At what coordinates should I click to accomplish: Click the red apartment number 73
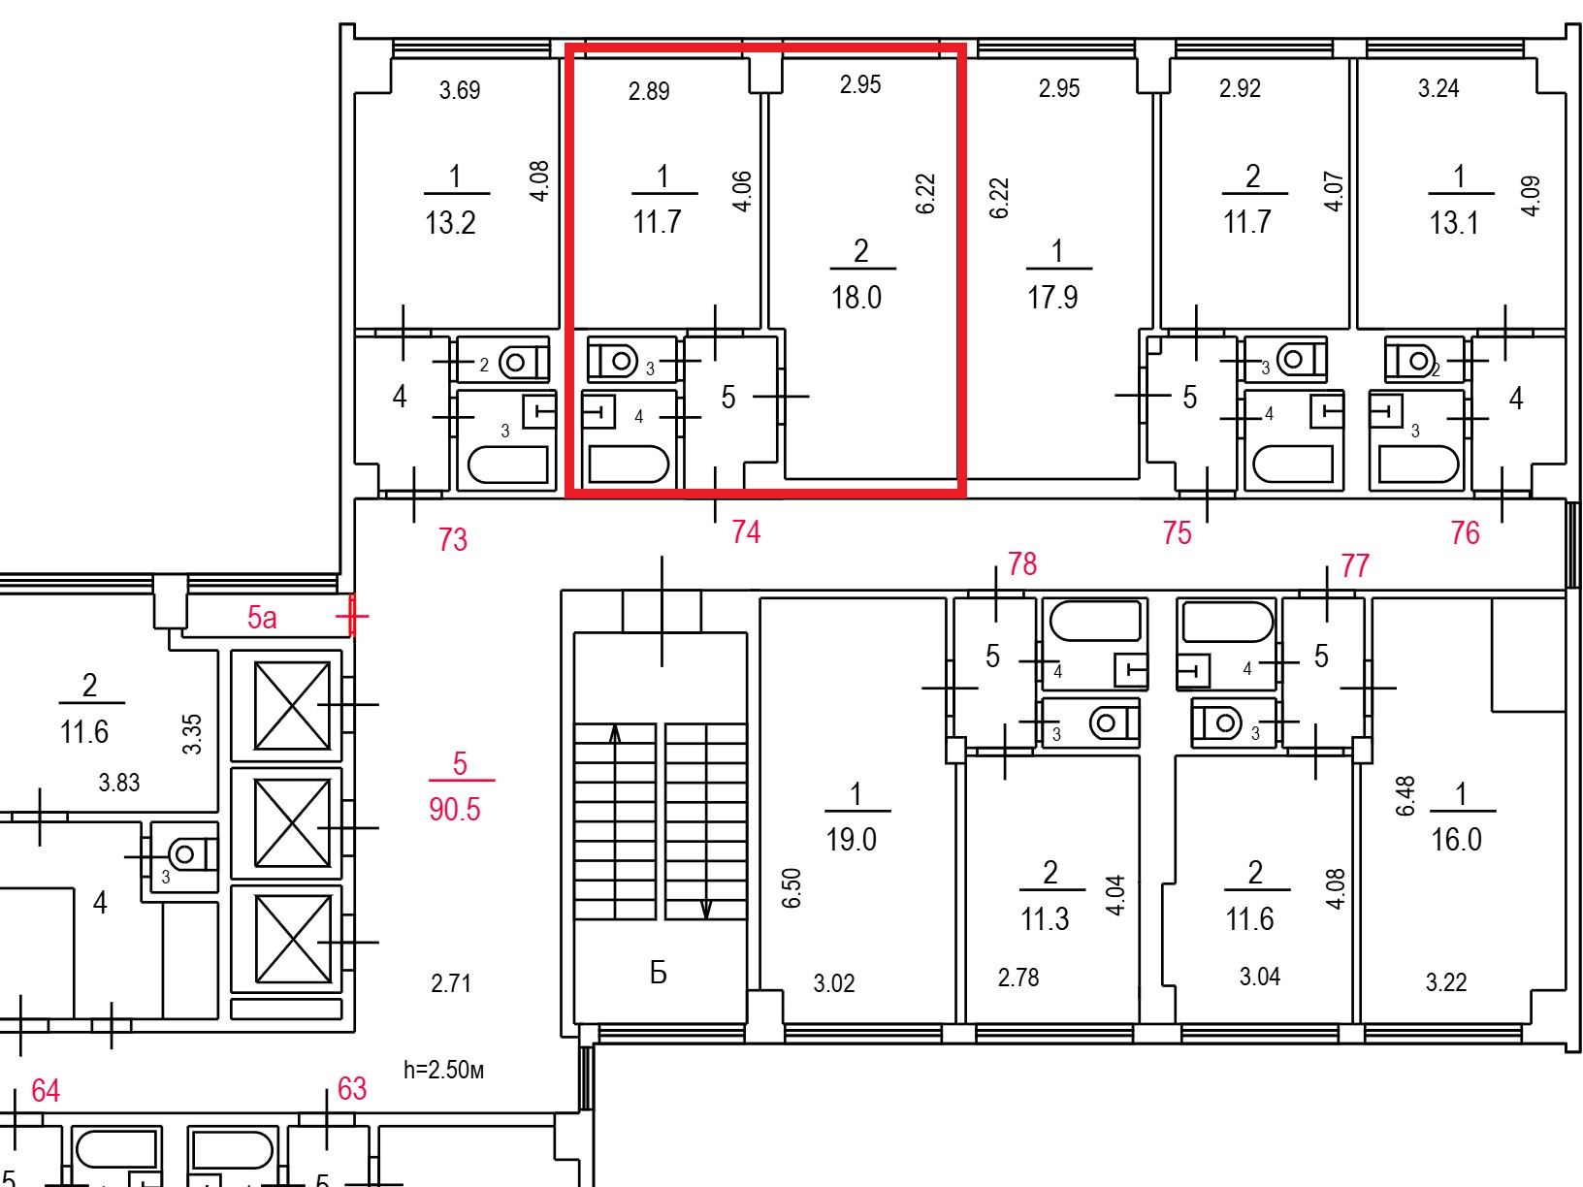(453, 539)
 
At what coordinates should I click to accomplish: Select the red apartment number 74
(746, 532)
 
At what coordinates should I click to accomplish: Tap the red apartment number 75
(1177, 533)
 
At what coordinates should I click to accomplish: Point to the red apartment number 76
(1465, 533)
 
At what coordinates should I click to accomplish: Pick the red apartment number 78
(1022, 563)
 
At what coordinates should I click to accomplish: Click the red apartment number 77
(1355, 565)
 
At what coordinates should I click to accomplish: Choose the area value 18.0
(856, 298)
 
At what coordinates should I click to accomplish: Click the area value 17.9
(1052, 298)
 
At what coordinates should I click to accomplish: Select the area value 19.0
(851, 840)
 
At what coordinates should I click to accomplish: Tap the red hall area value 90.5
(454, 810)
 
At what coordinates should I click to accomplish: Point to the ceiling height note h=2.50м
(443, 1070)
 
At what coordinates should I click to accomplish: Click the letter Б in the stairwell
(659, 974)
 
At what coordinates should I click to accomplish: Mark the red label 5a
(262, 618)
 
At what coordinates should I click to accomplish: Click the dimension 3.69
(460, 90)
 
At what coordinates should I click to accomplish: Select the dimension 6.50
(791, 888)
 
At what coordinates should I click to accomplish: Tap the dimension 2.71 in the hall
(451, 983)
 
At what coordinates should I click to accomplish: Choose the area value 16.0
(1456, 840)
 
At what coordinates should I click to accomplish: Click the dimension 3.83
(119, 783)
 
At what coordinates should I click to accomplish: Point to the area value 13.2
(450, 223)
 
